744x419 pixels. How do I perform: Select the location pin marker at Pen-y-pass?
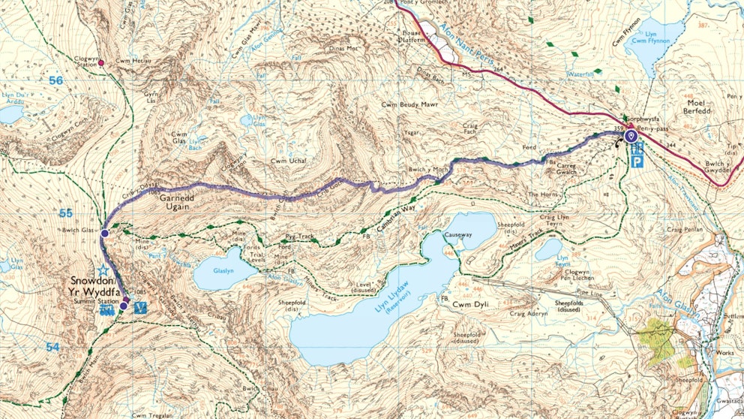(x=631, y=137)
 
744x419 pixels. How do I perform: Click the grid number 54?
(x=51, y=347)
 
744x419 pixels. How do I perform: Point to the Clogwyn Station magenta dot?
(x=101, y=63)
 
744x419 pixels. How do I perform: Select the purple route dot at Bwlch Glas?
(x=104, y=234)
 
